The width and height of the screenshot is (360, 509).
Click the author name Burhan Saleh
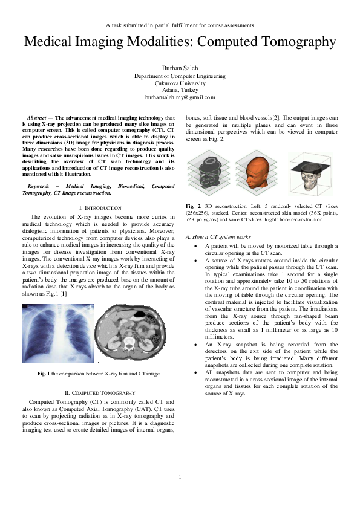point(180,68)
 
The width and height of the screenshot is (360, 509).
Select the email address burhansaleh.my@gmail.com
point(180,97)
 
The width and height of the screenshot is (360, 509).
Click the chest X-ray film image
point(58,332)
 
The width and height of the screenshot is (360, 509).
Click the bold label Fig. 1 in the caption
point(43,374)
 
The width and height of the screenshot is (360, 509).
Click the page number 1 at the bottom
point(180,478)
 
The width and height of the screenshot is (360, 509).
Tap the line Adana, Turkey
point(180,90)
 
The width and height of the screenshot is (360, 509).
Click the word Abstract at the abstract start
point(39,117)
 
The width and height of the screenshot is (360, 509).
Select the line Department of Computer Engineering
point(180,77)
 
